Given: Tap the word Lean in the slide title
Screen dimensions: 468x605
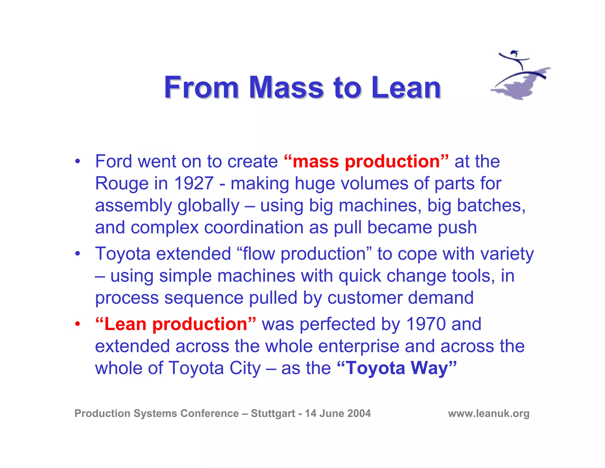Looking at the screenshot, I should click(x=406, y=88).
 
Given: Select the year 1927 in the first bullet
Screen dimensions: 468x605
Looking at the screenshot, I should click(x=194, y=183).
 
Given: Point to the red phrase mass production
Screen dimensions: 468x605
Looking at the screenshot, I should click(x=366, y=162).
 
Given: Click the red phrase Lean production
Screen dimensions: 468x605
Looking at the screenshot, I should click(x=176, y=324).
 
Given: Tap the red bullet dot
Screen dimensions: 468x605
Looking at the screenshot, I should click(x=77, y=324).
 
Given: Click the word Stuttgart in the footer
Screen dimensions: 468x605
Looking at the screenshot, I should click(x=273, y=413).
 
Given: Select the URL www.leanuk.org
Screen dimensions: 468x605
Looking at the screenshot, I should click(x=489, y=413).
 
